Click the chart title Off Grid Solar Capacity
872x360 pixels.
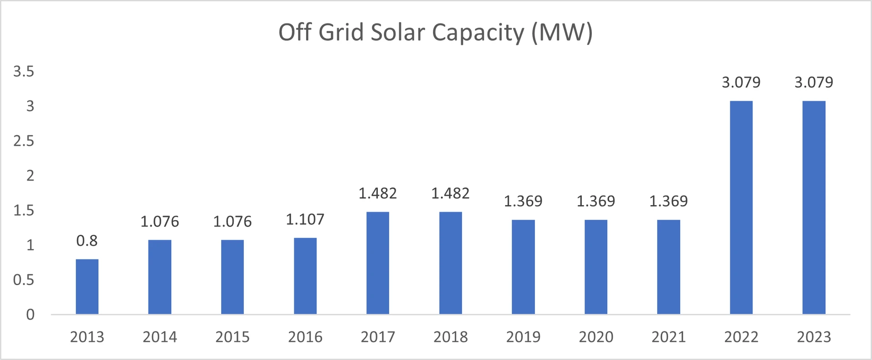pos(435,33)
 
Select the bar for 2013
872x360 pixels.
pos(87,286)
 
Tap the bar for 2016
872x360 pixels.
pos(305,276)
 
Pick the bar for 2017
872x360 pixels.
pos(378,263)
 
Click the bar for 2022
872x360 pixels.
pos(741,207)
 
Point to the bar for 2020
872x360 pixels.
pos(596,267)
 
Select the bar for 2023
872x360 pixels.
pos(814,207)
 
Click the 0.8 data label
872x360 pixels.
pos(87,241)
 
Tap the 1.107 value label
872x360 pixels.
pos(305,220)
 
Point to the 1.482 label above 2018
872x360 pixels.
pos(450,193)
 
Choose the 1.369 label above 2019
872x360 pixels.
pos(523,201)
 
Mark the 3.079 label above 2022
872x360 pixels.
pos(741,82)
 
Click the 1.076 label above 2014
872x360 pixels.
pos(160,222)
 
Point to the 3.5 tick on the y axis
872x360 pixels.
pos(24,71)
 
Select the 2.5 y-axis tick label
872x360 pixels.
pos(24,141)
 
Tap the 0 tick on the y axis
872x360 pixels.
pos(30,314)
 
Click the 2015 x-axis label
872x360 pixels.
pos(233,337)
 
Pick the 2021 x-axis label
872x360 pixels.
pos(669,337)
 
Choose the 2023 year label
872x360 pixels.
pos(814,337)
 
